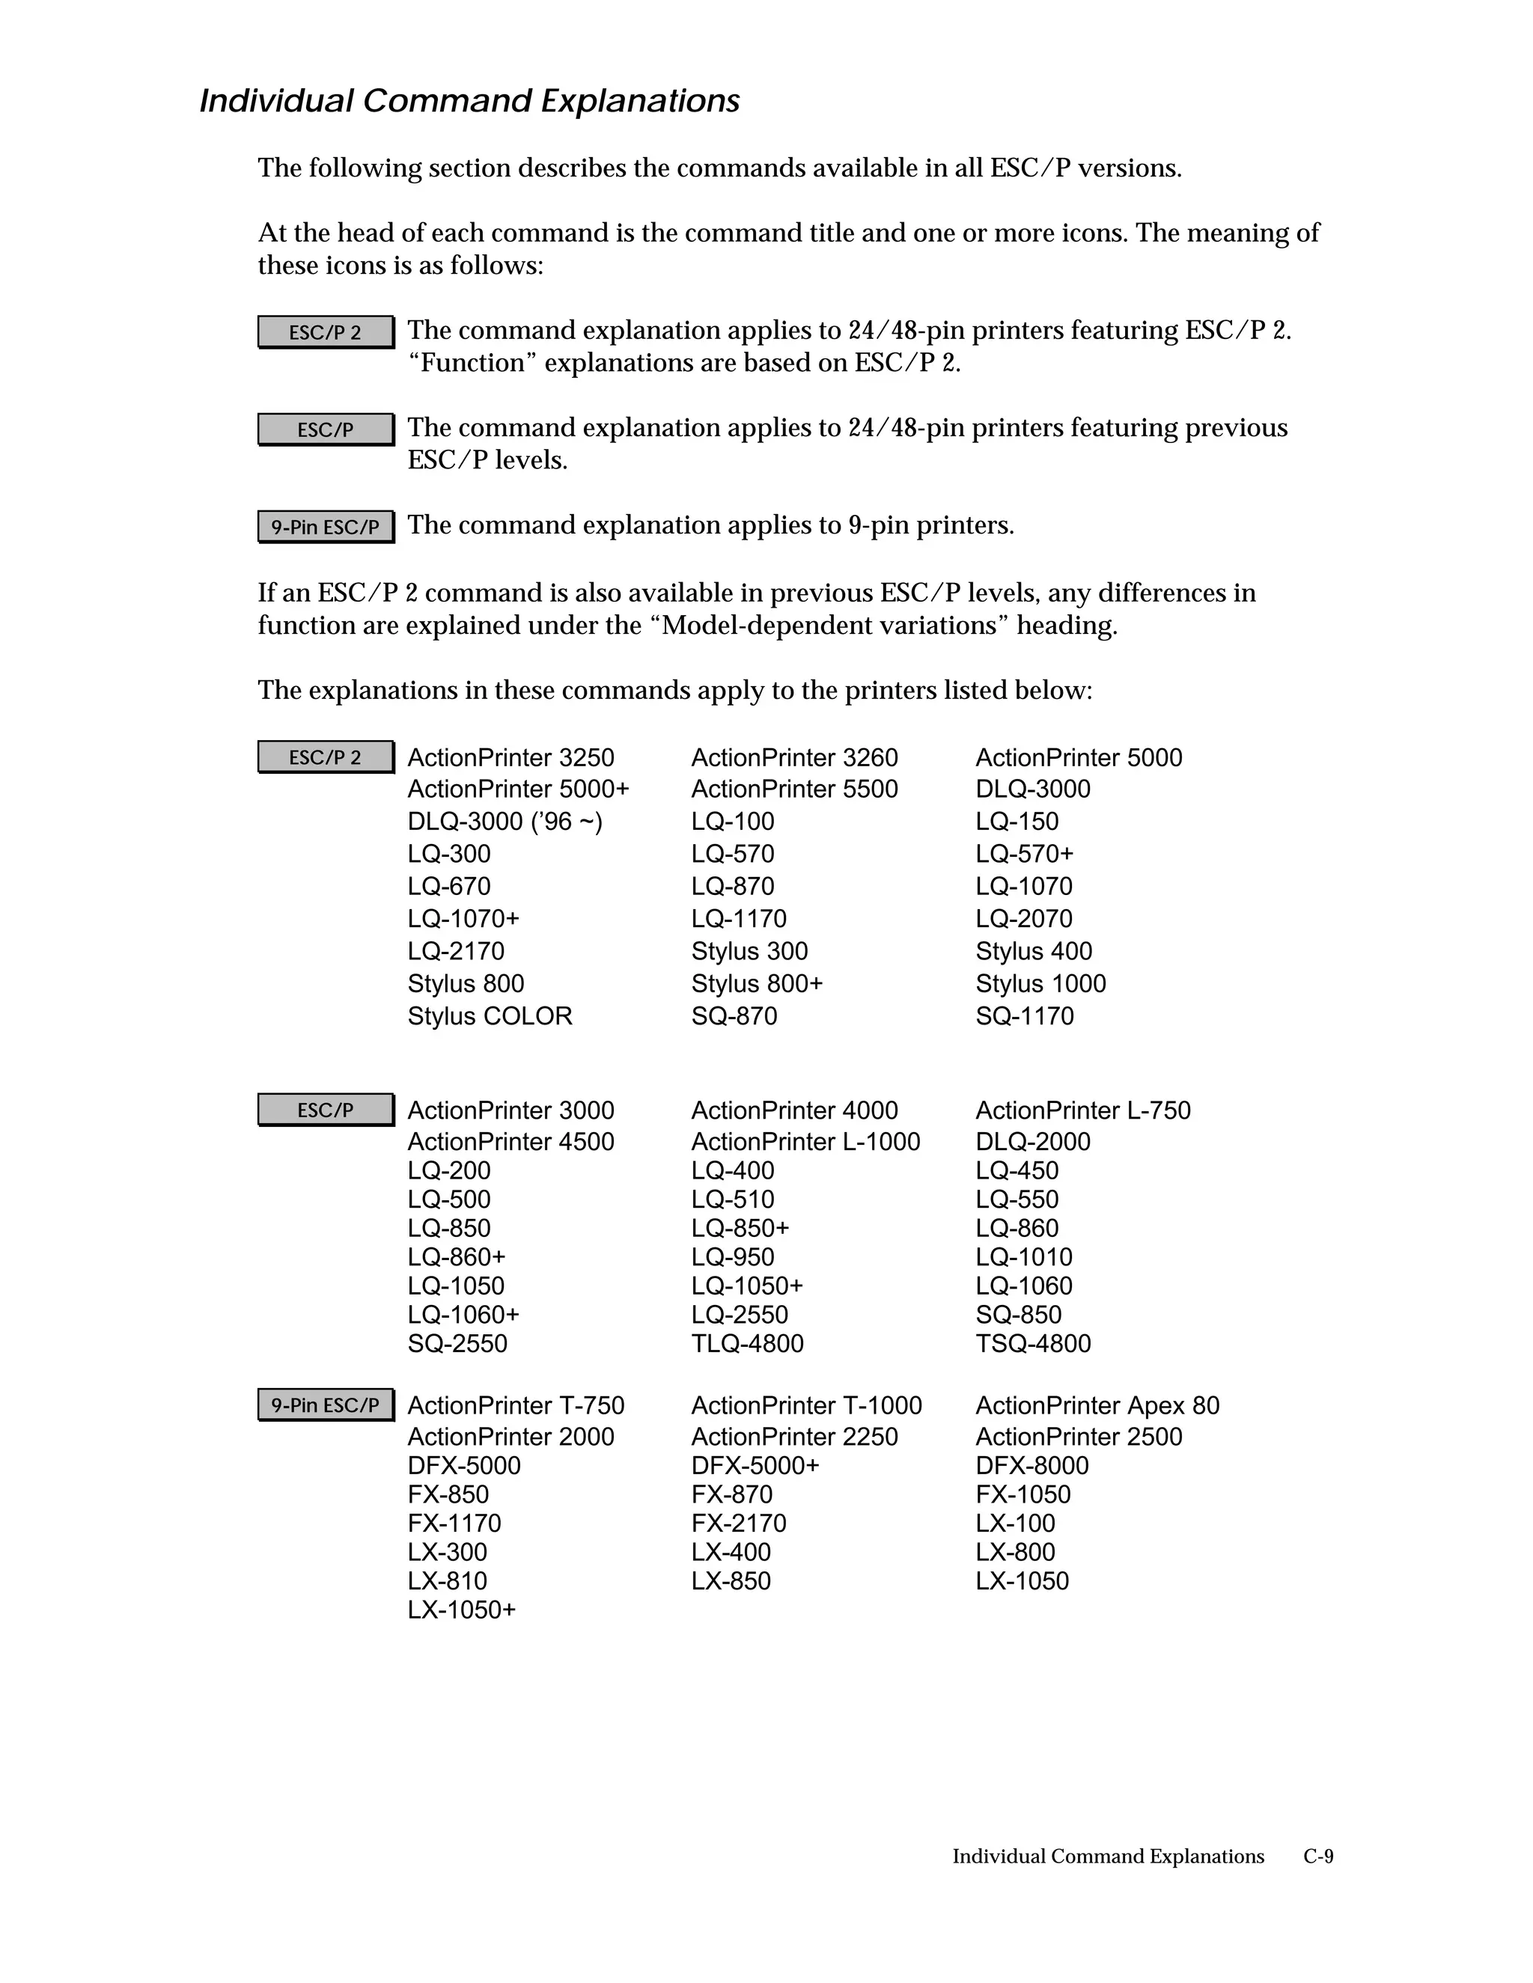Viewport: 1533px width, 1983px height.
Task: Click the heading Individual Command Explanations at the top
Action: coord(469,101)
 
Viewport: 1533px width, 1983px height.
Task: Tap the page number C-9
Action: coord(1317,1856)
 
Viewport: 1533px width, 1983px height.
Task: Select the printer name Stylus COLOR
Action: coord(490,1016)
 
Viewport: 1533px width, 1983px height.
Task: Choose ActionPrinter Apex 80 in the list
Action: coord(1097,1405)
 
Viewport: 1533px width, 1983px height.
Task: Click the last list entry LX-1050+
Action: coord(461,1610)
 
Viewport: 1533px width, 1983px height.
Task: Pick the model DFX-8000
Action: coord(1031,1465)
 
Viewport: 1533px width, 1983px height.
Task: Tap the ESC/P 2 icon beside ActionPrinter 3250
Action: coord(325,757)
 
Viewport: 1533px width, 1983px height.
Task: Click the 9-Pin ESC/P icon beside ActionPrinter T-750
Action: coord(325,1405)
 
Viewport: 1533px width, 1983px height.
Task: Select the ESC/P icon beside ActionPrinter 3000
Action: coord(325,1110)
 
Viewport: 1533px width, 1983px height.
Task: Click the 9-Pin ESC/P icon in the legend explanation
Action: coord(325,527)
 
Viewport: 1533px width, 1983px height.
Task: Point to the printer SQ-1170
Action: coord(1025,1016)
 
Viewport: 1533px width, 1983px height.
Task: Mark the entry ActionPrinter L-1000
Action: coord(805,1141)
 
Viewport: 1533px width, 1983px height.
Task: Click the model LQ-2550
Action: coord(740,1315)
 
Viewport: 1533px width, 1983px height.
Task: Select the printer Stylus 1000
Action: coord(1040,983)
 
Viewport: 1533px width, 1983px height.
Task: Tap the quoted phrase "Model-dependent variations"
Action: coord(830,626)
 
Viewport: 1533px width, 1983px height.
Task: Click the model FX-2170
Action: coord(738,1524)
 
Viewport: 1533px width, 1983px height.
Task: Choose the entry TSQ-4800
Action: coord(1032,1344)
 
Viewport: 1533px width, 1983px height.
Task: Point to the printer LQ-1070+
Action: coord(463,919)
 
